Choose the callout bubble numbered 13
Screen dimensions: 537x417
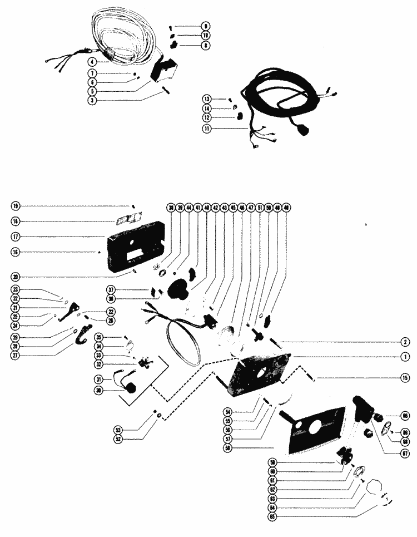coord(207,98)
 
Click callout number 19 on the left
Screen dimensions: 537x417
coord(15,206)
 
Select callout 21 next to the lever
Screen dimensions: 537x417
coord(15,308)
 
